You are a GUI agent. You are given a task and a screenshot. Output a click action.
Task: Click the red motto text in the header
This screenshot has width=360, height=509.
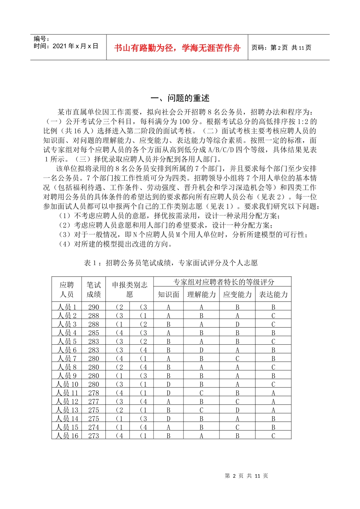[x=177, y=48]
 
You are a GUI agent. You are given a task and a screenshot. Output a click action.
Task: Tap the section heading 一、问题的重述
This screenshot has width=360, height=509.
[x=180, y=98]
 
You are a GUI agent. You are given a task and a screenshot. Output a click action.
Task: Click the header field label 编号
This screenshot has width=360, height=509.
[x=41, y=39]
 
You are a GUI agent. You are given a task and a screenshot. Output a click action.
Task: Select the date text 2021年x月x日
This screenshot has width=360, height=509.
[x=75, y=46]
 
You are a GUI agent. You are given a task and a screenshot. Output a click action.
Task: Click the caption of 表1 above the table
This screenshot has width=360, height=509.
[x=171, y=263]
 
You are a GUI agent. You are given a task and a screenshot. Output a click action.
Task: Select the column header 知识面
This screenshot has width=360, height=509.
[x=168, y=295]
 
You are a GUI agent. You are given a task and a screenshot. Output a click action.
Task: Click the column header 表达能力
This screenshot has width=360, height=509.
[x=273, y=295]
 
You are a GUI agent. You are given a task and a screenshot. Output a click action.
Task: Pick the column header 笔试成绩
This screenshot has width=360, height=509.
[x=94, y=290]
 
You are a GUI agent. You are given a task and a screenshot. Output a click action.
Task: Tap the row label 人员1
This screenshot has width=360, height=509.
[x=67, y=307]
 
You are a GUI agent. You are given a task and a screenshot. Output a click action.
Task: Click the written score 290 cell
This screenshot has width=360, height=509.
[x=94, y=307]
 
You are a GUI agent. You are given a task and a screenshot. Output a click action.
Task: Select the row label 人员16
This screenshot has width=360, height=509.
[x=67, y=436]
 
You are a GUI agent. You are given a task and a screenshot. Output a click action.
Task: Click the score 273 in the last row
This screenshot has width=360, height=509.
[x=94, y=436]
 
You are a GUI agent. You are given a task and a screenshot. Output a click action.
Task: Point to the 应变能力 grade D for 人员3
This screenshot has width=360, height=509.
[x=237, y=325]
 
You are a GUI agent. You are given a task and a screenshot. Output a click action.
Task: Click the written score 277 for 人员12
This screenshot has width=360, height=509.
[x=94, y=401]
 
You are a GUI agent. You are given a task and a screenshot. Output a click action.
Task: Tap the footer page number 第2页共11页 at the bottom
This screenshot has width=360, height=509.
[x=246, y=476]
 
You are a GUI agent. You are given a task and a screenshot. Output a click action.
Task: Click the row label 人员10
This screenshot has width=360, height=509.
[x=67, y=384]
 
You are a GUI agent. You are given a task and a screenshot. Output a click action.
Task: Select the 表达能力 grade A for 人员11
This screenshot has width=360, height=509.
[x=273, y=393]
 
